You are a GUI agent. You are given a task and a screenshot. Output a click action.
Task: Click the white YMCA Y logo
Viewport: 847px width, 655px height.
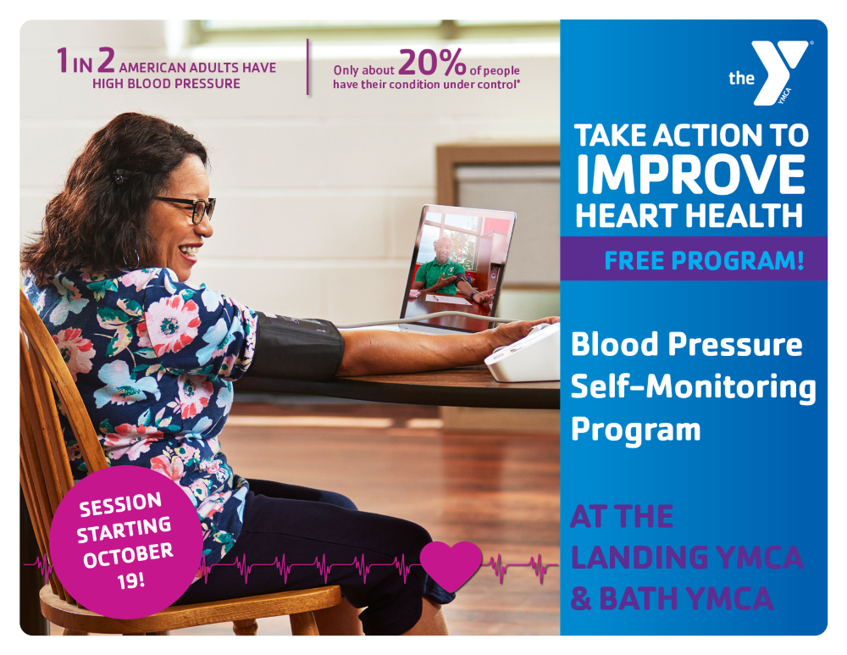coord(779,71)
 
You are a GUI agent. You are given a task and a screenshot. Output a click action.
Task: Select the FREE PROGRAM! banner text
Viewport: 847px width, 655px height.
coord(704,260)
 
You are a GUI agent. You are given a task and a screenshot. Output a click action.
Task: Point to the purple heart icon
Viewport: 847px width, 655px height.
coord(451,564)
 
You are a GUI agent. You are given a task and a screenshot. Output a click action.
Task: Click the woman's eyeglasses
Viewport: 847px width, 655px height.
coord(189,208)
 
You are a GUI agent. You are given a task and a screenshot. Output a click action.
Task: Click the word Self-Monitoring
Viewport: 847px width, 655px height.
coord(694,388)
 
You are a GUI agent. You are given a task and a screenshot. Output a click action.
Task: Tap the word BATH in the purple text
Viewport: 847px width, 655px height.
coord(639,598)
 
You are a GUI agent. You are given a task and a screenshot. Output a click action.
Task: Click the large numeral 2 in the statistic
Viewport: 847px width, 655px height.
coord(106,60)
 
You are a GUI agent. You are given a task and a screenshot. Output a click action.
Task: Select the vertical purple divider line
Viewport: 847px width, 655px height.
coord(308,67)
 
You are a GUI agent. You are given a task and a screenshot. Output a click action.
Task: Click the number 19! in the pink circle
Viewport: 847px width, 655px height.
coord(130,581)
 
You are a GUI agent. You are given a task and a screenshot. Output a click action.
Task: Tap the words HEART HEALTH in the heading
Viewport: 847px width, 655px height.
coord(689,215)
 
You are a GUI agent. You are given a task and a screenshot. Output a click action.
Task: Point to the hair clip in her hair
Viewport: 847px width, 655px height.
coord(119,175)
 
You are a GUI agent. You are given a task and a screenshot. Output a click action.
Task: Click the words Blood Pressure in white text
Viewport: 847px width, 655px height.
coord(687,344)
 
